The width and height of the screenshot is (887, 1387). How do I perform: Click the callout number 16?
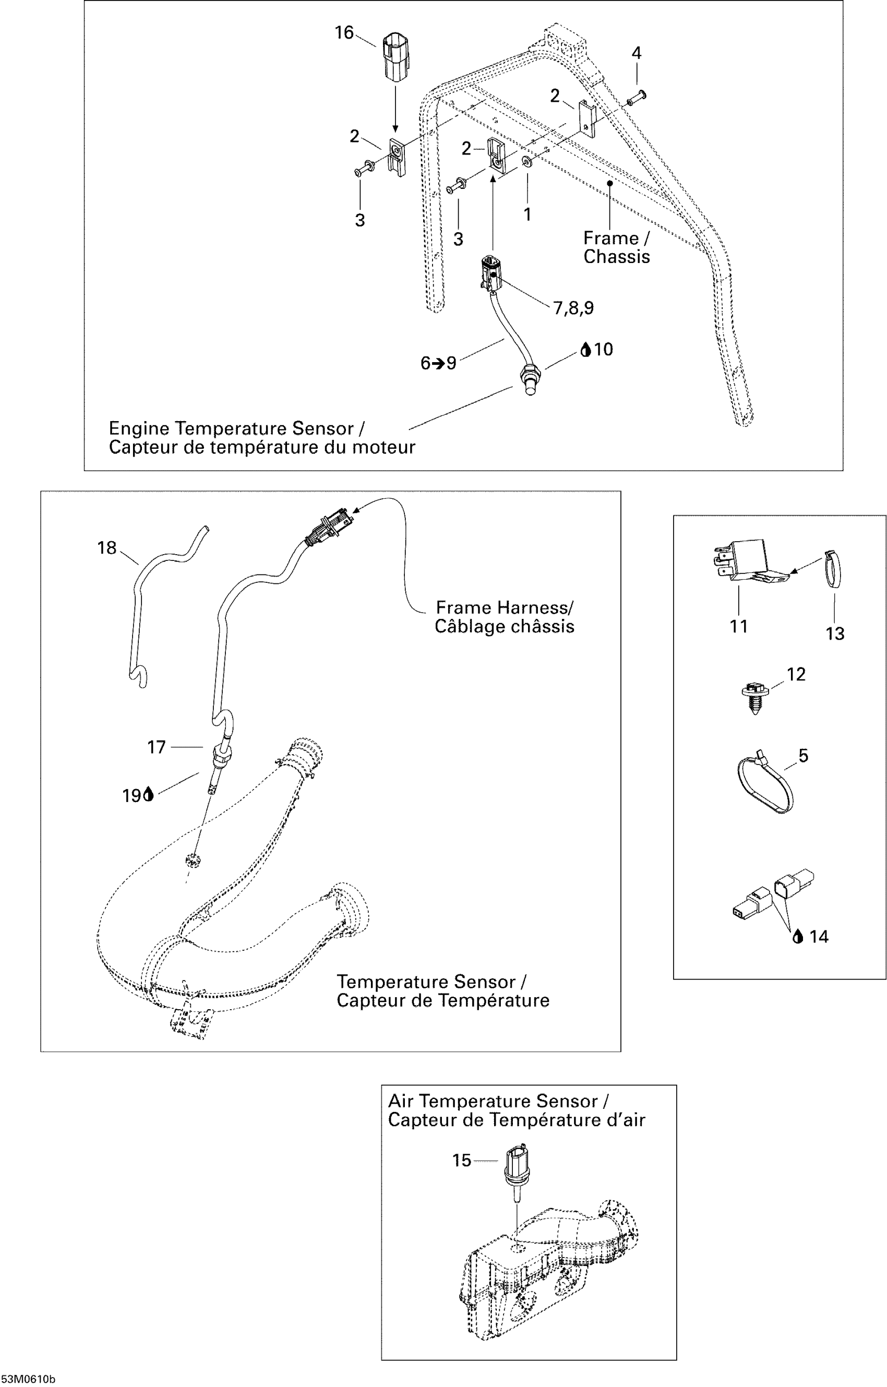click(344, 33)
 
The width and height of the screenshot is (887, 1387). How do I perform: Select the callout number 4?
click(636, 53)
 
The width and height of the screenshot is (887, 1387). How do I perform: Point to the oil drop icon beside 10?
click(586, 349)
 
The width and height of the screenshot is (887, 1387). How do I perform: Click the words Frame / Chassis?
click(616, 247)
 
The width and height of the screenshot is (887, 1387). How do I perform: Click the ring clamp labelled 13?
click(833, 568)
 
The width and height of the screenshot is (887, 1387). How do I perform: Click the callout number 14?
click(819, 937)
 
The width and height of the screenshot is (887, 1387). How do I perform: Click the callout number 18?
click(106, 548)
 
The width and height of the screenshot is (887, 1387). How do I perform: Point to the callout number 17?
click(156, 747)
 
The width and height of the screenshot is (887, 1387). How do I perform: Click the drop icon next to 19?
click(149, 795)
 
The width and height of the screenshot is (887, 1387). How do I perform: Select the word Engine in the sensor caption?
click(139, 428)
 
